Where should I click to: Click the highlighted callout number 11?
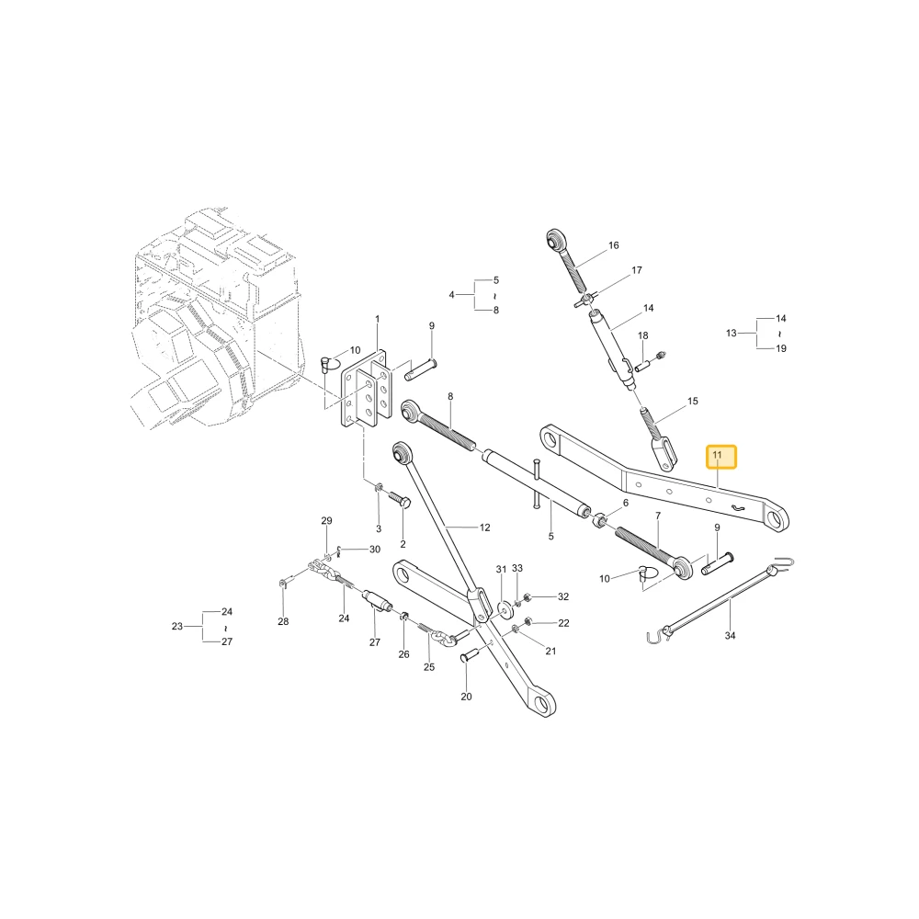click(718, 455)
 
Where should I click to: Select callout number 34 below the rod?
click(730, 635)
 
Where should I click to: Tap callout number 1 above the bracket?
click(378, 319)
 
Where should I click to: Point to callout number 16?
click(614, 245)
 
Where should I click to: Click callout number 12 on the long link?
click(484, 528)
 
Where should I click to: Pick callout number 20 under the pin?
click(466, 697)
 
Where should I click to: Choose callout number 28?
click(283, 621)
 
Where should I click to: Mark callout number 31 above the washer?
click(501, 569)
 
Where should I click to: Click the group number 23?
click(177, 626)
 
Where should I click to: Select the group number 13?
click(731, 333)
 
